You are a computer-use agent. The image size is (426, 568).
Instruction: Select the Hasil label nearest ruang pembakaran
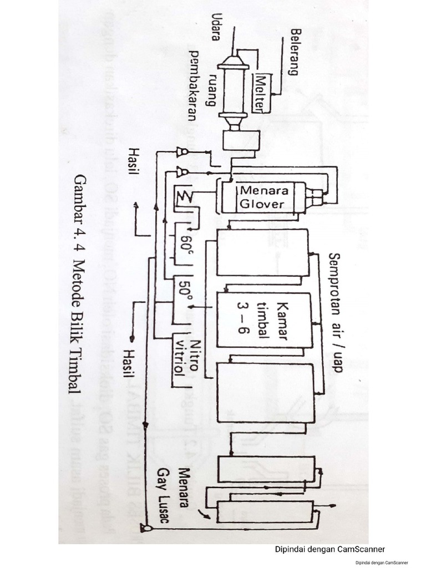[x=133, y=161]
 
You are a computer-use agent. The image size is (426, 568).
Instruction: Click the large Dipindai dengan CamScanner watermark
[x=330, y=550]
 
